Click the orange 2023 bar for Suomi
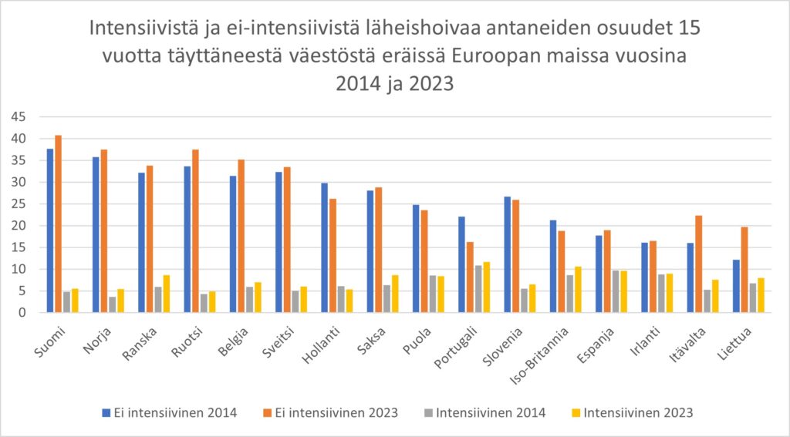point(59,224)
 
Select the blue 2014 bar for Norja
point(96,235)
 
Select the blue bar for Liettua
point(736,286)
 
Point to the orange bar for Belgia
point(241,236)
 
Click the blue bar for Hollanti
point(324,247)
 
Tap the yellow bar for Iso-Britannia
point(579,290)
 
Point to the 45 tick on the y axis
point(17,117)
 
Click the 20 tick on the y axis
point(17,226)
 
